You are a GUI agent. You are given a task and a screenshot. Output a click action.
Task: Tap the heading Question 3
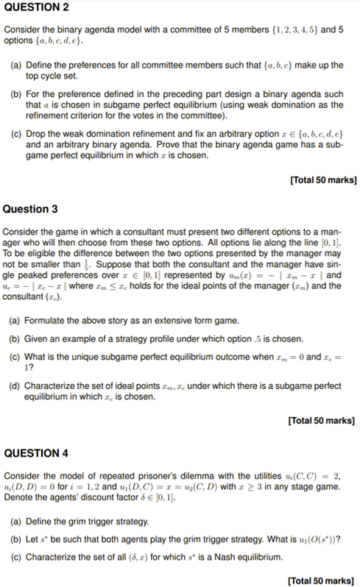coord(30,209)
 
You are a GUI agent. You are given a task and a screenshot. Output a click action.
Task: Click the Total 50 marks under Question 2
coord(323,179)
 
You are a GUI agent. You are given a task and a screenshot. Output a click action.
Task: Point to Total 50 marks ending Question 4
coord(323,580)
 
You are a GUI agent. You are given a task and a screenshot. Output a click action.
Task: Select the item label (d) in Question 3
coord(15,385)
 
